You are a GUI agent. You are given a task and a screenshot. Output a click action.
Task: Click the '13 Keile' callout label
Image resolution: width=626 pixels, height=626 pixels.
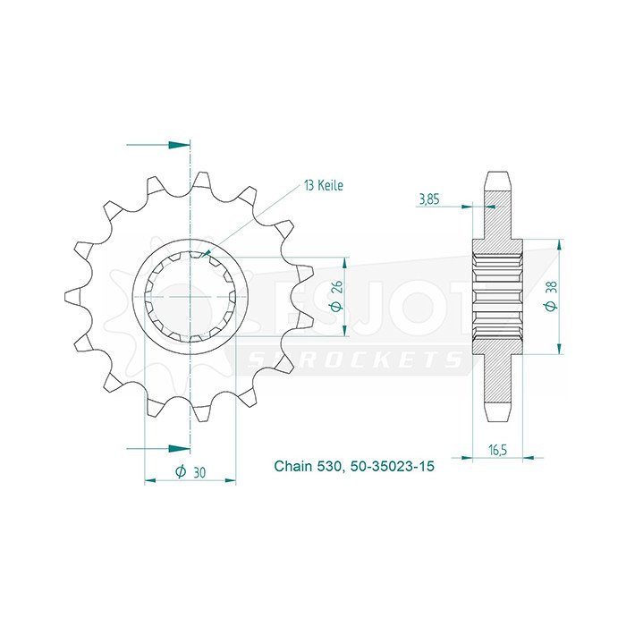click(x=323, y=185)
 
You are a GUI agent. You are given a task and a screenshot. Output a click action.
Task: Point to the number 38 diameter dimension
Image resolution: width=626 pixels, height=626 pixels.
click(x=553, y=289)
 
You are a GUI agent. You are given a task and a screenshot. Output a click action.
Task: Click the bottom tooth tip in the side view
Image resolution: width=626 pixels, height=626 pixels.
click(x=497, y=416)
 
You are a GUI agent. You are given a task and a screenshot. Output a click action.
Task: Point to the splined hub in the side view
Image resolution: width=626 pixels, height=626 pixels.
click(x=497, y=295)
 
